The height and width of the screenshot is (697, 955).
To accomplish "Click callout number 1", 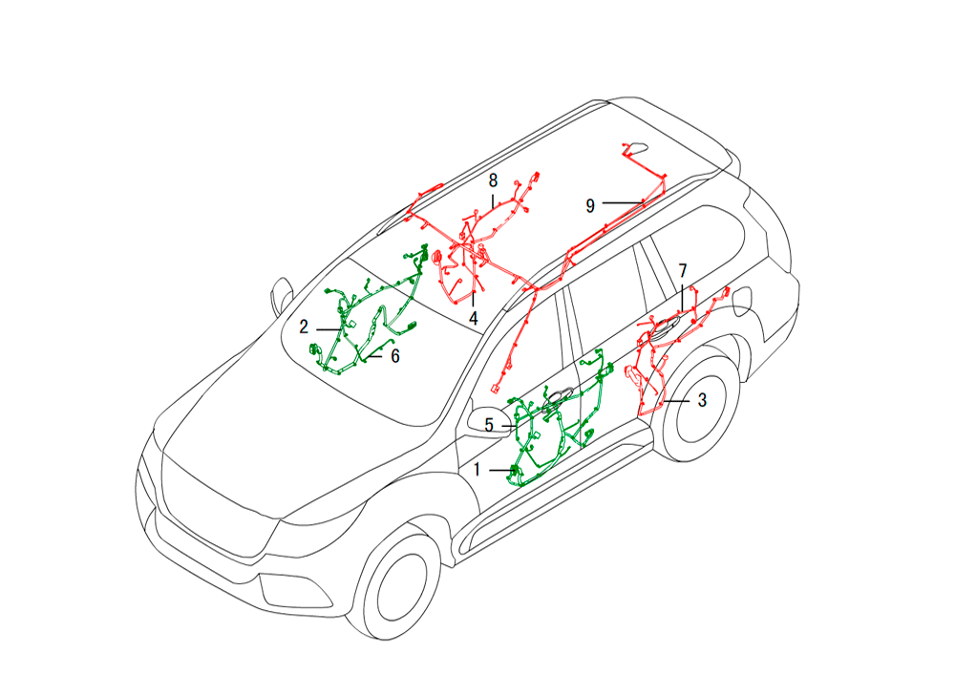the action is tap(477, 470).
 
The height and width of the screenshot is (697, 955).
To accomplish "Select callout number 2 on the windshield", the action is tap(304, 327).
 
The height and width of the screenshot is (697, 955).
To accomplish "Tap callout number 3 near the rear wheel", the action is tap(702, 401).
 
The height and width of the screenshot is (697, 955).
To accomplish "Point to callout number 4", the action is tap(474, 318).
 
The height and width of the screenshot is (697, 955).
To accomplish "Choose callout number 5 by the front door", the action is tap(489, 425).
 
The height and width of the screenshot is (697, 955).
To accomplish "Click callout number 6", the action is tap(395, 356).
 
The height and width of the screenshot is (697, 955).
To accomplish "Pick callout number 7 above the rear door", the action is tap(683, 271).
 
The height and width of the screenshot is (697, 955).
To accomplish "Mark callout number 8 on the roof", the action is tap(494, 180).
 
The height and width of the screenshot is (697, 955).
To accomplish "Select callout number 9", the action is tap(590, 206).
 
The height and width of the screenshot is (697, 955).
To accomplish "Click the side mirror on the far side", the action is tap(282, 296).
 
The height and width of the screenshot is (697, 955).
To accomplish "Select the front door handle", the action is tap(558, 395).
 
